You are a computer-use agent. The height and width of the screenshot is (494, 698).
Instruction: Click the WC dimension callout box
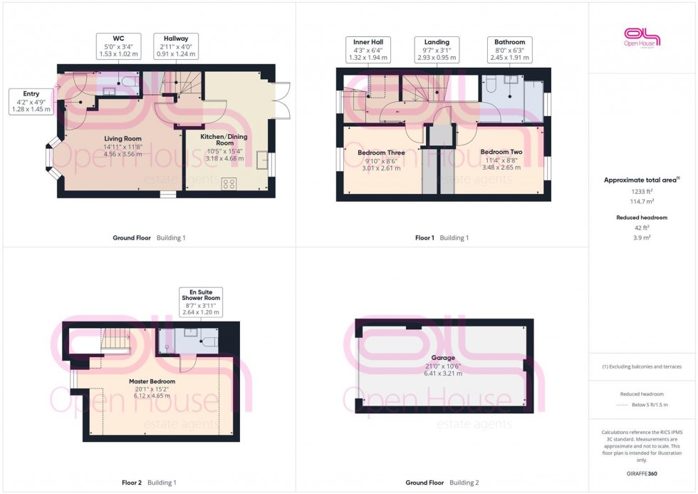point(118,47)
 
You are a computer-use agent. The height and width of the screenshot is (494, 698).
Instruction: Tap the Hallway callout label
point(176,47)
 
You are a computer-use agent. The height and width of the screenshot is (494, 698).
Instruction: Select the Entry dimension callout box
point(31,101)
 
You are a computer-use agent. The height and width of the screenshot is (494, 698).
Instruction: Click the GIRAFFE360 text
point(642,473)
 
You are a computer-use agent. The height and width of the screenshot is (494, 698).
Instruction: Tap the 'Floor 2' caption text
point(132,483)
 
